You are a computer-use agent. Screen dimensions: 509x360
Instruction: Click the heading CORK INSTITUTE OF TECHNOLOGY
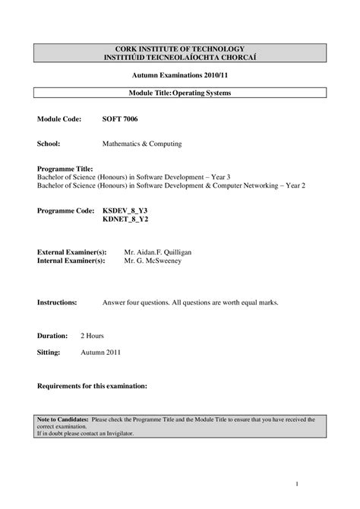(x=180, y=49)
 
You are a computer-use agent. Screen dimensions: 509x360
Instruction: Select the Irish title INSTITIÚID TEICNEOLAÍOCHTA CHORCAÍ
(x=180, y=58)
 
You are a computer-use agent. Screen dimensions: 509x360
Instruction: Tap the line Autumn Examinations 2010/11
(x=180, y=77)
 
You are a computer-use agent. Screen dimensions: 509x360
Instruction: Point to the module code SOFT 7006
(x=120, y=119)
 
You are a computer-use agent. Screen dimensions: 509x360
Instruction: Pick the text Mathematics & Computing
(x=142, y=143)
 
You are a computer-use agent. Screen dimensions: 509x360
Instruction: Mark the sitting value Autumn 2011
(x=100, y=353)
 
